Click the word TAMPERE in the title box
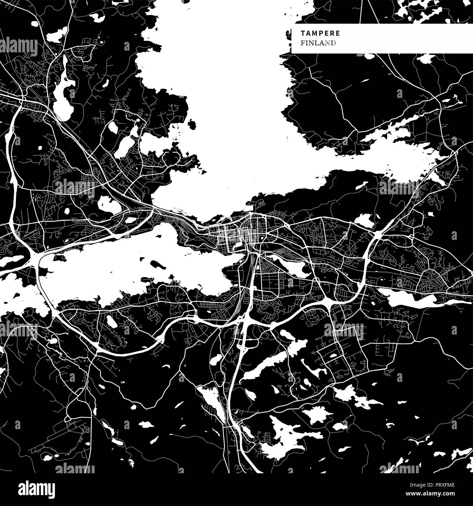(x=321, y=33)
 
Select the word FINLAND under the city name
(x=318, y=43)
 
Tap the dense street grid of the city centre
(x=233, y=233)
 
